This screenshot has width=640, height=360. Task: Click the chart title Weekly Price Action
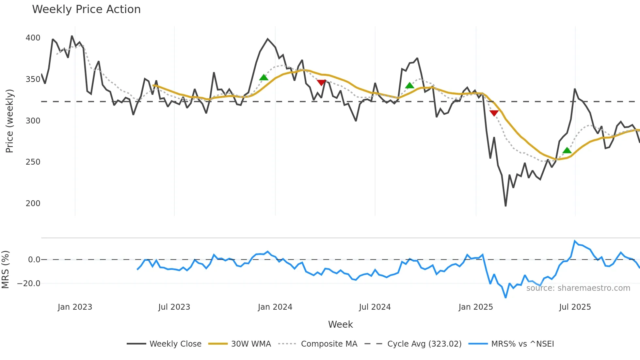pyautogui.click(x=86, y=9)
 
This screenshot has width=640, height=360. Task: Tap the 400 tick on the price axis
pyautogui.click(x=33, y=38)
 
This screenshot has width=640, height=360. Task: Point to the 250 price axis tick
pyautogui.click(x=33, y=162)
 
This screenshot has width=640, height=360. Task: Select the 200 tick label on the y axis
pyautogui.click(x=33, y=204)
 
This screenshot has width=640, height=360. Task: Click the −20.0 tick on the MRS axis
pyautogui.click(x=29, y=284)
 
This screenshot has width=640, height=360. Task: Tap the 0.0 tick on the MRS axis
pyautogui.click(x=34, y=260)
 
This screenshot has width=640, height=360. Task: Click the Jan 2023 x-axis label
pyautogui.click(x=75, y=307)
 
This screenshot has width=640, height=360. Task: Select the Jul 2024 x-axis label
pyautogui.click(x=375, y=307)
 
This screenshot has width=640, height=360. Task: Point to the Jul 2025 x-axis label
pyautogui.click(x=575, y=307)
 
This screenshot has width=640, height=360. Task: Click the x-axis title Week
pyautogui.click(x=340, y=324)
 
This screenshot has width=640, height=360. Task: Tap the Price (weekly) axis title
pyautogui.click(x=9, y=121)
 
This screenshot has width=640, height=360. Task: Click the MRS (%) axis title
pyautogui.click(x=5, y=270)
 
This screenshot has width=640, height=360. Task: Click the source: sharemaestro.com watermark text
pyautogui.click(x=578, y=288)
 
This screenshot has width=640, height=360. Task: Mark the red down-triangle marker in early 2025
pyautogui.click(x=494, y=113)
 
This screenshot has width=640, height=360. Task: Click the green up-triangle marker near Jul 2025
pyautogui.click(x=567, y=151)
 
